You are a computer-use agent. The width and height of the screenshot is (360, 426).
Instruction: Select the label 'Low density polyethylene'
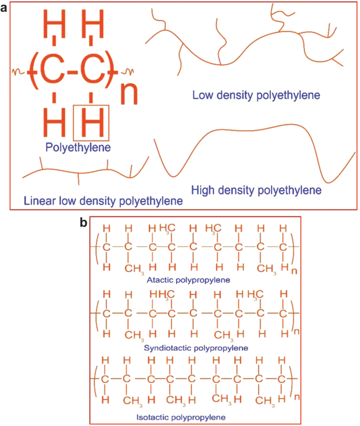point(256,96)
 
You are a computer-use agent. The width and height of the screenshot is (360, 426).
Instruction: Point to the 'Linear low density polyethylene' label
point(103,200)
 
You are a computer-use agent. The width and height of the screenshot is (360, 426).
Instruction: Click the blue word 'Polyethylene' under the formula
point(78,147)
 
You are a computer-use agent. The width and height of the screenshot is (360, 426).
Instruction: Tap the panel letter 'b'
point(83,223)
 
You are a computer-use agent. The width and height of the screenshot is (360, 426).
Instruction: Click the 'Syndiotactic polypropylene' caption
point(196,348)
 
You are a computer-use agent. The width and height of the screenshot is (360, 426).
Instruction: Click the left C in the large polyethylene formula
point(51,73)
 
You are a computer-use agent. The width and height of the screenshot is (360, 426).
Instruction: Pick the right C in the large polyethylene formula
point(92,73)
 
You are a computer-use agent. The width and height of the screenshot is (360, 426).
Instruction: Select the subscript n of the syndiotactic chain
point(296,332)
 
